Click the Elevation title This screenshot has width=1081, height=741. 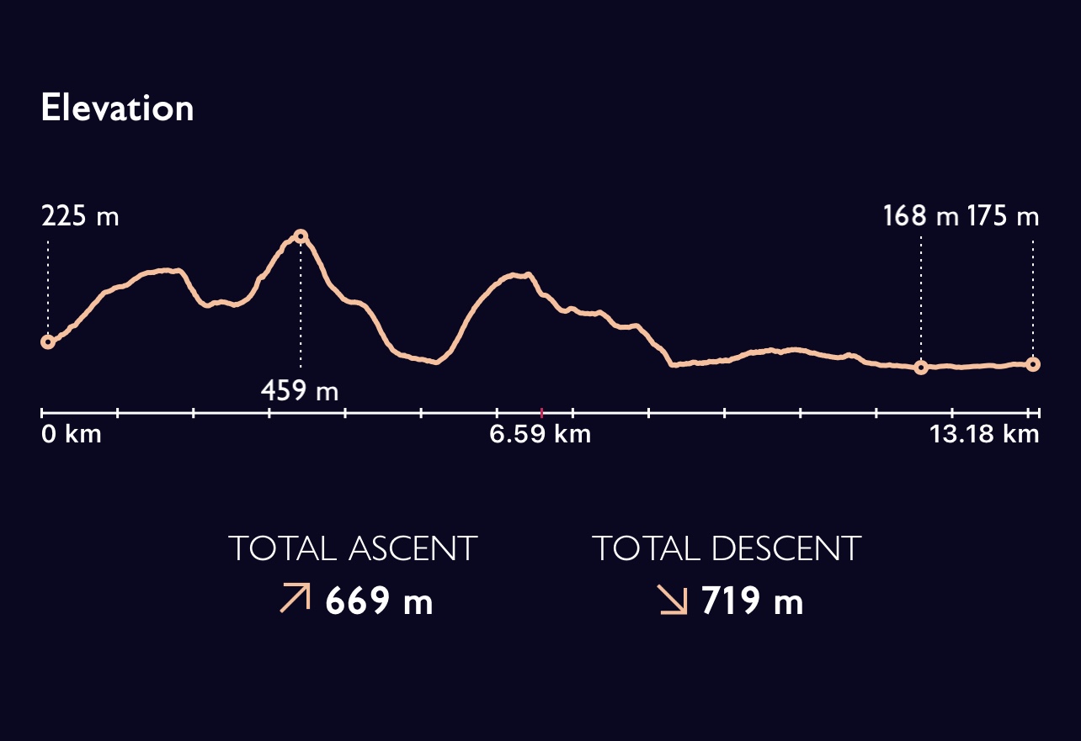coord(117,109)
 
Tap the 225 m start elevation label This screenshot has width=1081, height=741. coord(80,217)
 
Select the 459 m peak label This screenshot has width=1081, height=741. coord(299,390)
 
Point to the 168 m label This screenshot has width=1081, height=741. coord(920,217)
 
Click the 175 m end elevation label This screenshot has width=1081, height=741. coord(1003,217)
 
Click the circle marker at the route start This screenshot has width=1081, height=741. coord(48,341)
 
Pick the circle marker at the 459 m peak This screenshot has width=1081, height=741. coord(301,236)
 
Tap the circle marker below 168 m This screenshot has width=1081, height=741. coord(921,368)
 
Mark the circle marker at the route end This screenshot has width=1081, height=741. coord(1033,364)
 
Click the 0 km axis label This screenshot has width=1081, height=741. coord(71,435)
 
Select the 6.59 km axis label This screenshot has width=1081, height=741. coord(540,435)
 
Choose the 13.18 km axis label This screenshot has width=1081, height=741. coord(984,435)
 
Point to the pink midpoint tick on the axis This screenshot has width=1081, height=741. coord(541,412)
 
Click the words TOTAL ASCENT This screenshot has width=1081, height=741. coord(353,549)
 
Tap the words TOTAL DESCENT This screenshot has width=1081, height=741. coord(727,549)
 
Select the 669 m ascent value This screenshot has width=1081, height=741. coord(379,602)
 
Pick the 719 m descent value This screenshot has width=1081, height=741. coord(752,602)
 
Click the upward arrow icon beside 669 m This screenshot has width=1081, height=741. coord(295,599)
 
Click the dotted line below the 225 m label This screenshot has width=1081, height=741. coord(48,286)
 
